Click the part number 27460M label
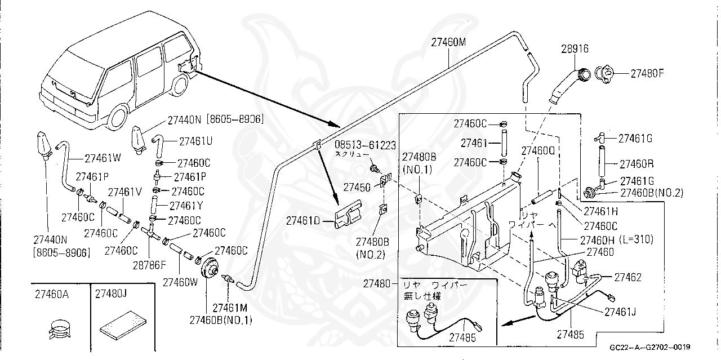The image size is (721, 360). click(449, 42)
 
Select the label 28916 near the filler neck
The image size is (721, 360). click(575, 49)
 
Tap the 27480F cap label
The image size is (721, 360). click(647, 73)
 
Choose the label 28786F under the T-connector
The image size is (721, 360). click(149, 264)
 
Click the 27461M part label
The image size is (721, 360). click(230, 308)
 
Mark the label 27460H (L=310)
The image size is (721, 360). click(616, 239)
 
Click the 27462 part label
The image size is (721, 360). click(627, 277)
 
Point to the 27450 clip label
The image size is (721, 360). click(357, 186)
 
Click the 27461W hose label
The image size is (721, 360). click(103, 158)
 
